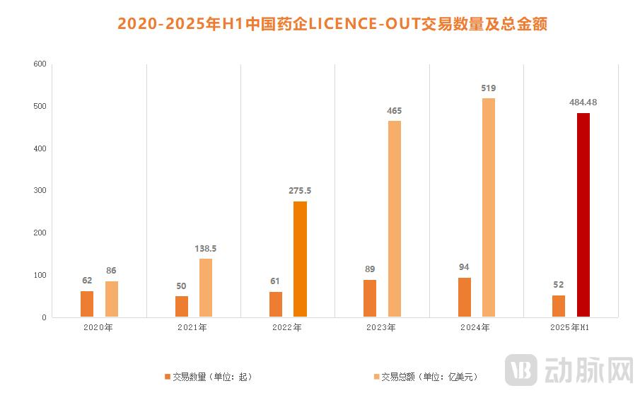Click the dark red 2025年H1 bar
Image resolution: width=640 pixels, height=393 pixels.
point(583,215)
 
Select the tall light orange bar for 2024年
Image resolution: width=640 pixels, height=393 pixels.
point(489,207)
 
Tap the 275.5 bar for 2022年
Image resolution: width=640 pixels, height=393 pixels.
point(300,259)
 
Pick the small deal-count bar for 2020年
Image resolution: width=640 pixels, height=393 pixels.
point(87,304)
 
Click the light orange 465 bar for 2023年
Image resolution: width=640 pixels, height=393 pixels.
point(394,218)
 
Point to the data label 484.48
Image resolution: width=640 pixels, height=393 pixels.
point(583,102)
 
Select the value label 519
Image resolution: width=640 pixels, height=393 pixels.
point(489,88)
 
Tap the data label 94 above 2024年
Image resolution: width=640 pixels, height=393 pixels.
point(464,267)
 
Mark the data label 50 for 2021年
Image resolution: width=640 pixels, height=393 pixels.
point(182,286)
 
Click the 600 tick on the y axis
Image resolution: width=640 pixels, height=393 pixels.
point(40,64)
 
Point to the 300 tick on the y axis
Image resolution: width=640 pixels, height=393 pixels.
point(40,191)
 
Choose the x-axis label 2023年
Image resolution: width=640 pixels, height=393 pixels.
point(382,328)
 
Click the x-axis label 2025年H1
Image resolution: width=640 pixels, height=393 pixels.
point(570,328)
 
